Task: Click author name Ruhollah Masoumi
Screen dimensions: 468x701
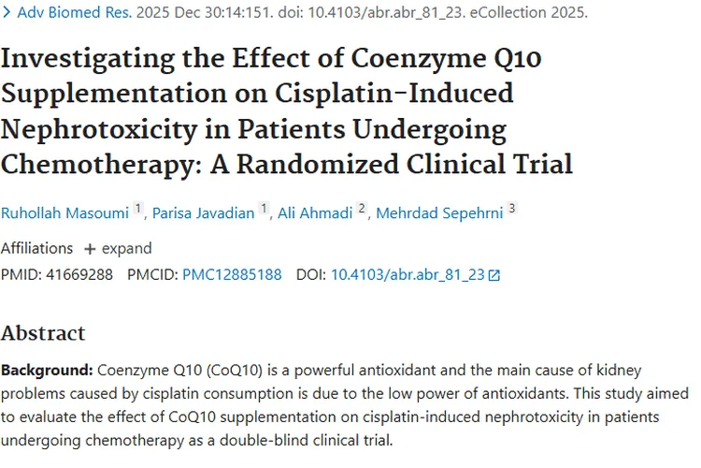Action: (x=64, y=212)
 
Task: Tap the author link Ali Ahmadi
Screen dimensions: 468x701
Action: (x=316, y=212)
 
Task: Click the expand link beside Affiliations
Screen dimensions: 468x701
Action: (x=119, y=248)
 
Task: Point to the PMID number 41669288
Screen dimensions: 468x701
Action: (x=79, y=275)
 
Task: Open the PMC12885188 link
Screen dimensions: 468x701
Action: (x=232, y=275)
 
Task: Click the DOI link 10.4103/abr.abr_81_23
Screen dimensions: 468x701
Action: (x=408, y=275)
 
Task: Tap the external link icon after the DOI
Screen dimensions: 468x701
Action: (x=494, y=275)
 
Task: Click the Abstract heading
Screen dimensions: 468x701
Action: (x=43, y=333)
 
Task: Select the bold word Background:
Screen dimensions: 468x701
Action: (x=46, y=370)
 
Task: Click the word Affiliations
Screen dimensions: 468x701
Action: (x=36, y=248)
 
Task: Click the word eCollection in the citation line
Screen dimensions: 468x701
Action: (x=509, y=14)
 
